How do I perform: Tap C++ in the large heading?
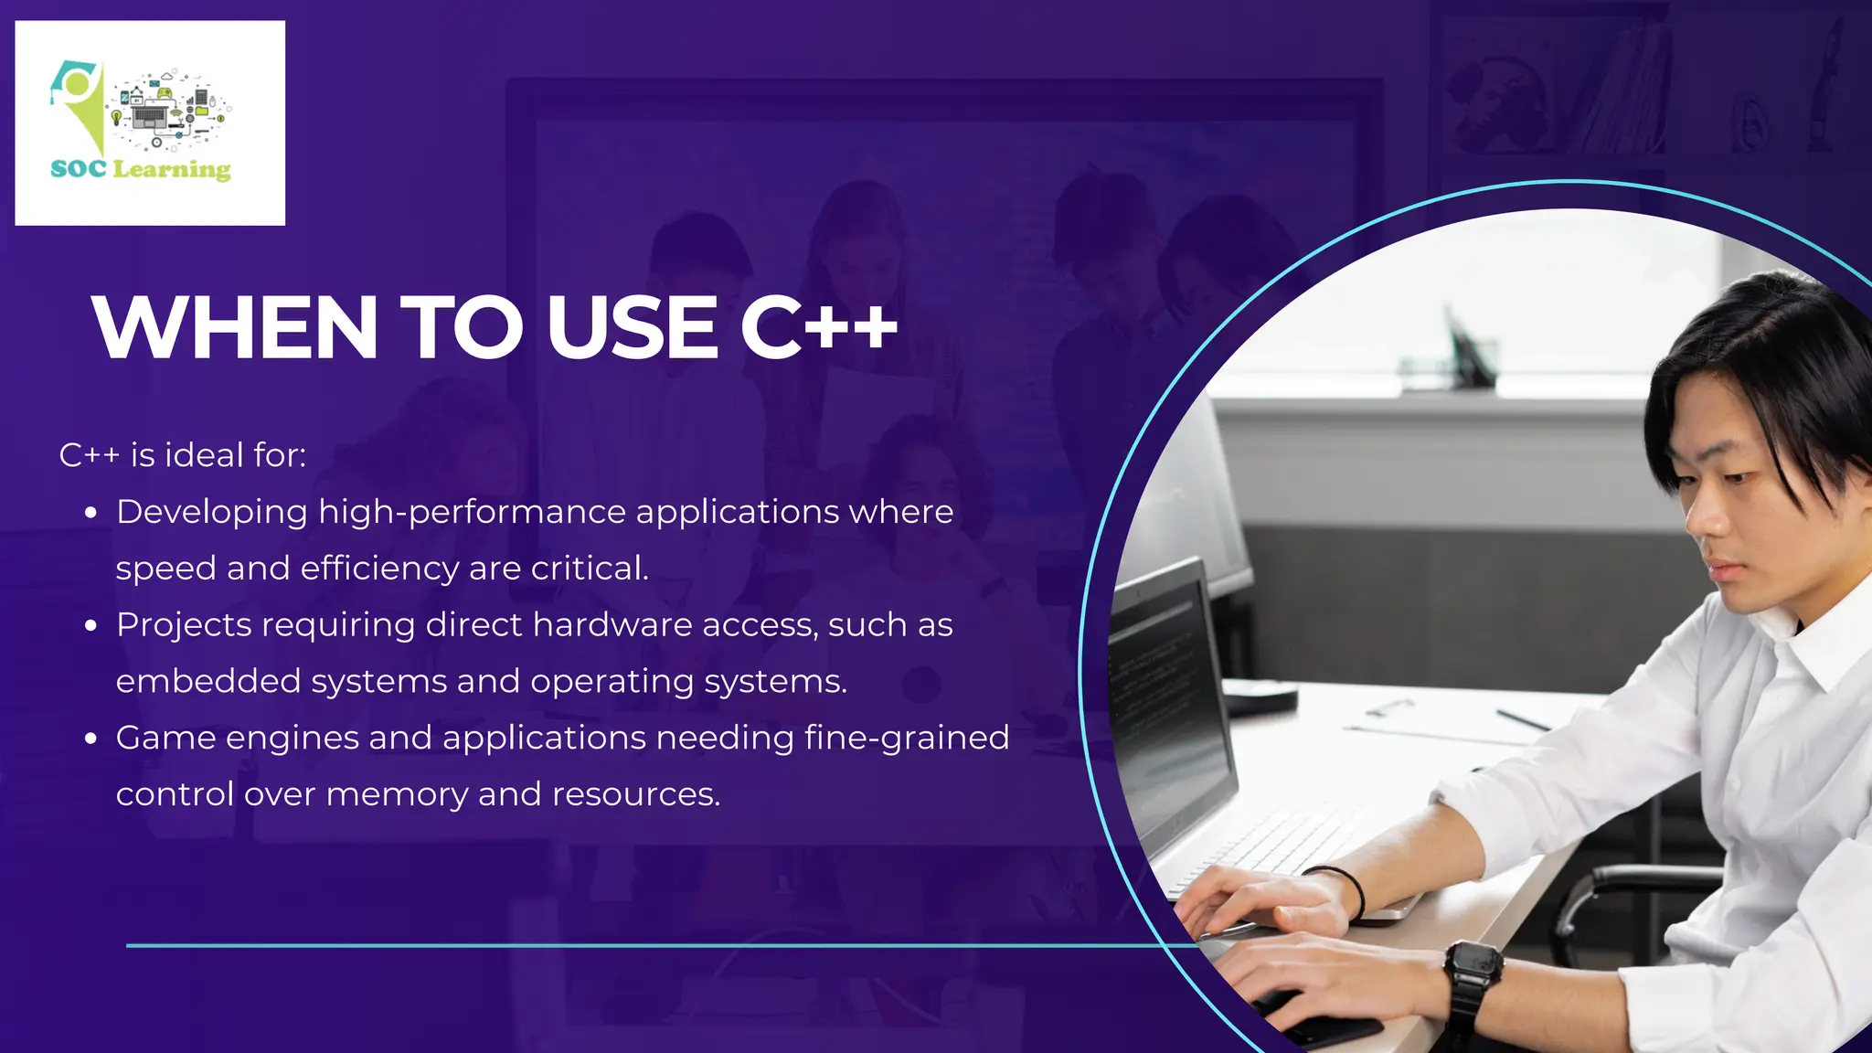[x=818, y=327]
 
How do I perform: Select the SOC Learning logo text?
[x=141, y=169]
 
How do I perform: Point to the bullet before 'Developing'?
[x=90, y=514]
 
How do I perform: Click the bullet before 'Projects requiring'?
[x=90, y=627]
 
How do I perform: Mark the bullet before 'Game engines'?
[x=90, y=739]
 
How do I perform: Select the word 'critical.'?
[x=590, y=569]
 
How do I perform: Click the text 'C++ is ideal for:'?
[x=183, y=455]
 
